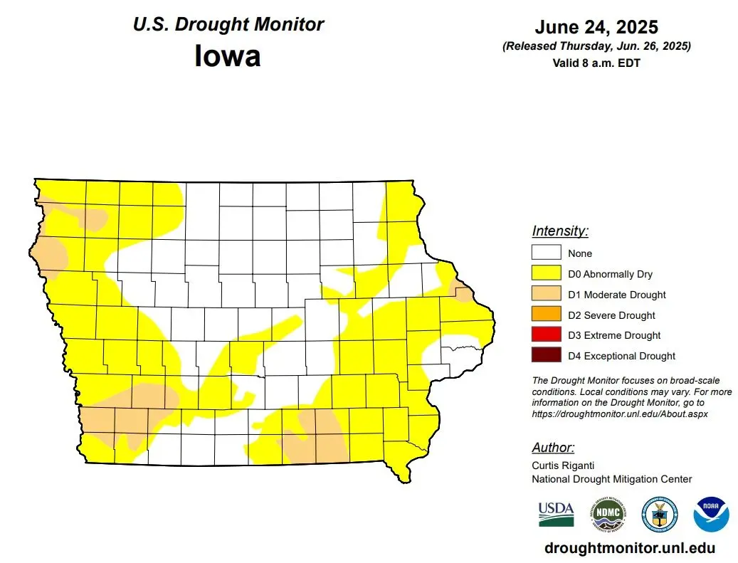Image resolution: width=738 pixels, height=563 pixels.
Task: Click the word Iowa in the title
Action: tap(227, 56)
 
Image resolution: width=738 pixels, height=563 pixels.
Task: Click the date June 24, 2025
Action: tap(596, 28)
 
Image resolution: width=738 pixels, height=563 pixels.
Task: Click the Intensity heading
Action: tap(560, 231)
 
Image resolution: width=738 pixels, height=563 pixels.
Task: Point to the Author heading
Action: tap(553, 448)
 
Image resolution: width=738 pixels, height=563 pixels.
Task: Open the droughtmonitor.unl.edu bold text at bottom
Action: tap(629, 548)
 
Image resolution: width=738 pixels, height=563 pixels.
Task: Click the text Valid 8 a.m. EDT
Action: tap(596, 63)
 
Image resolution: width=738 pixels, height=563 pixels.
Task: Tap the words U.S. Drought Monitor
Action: tap(228, 24)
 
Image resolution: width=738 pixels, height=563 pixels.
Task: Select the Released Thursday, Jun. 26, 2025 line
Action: tap(596, 46)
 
